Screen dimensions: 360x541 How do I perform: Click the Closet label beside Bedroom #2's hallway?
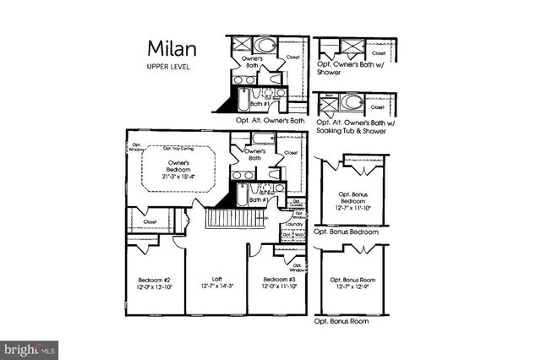pyautogui.click(x=150, y=221)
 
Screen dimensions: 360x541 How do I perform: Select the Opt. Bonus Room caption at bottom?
pyautogui.click(x=342, y=322)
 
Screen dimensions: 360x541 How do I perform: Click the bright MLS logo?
pyautogui.click(x=30, y=347)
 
